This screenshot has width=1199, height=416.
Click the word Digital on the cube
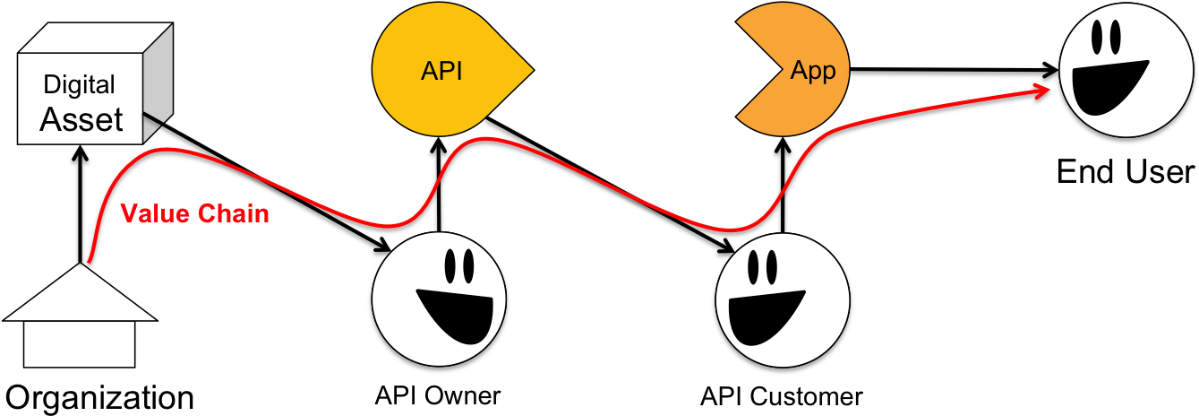[x=80, y=85]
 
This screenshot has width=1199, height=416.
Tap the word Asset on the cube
[x=81, y=119]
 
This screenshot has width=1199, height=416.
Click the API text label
[x=441, y=72]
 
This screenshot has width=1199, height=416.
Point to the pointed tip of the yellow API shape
[x=531, y=68]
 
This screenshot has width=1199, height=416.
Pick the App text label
[x=812, y=72]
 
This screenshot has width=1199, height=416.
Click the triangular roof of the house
[x=81, y=297]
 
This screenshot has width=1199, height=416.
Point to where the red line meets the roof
[x=86, y=264]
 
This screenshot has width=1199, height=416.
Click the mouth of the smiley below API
[x=453, y=314]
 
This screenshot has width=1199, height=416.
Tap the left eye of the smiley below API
[x=450, y=265]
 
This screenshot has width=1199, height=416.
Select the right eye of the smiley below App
[x=771, y=266]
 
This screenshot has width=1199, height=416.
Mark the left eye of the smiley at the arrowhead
[x=1099, y=36]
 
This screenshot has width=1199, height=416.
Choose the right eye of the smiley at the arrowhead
[x=1115, y=36]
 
